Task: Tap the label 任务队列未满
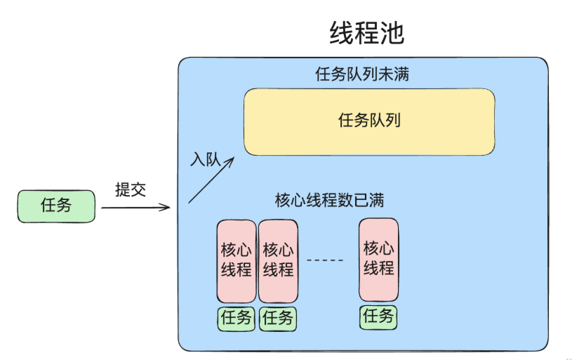(362, 74)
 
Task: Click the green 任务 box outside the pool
(56, 206)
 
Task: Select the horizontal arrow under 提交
(135, 208)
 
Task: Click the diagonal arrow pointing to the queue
(211, 180)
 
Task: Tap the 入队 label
(204, 159)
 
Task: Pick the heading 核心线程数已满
(329, 201)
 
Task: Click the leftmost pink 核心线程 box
(237, 260)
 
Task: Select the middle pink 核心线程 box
(278, 260)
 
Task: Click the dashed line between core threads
(326, 260)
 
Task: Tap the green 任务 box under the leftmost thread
(236, 318)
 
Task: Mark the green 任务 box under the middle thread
(277, 318)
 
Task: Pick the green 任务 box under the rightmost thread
(378, 316)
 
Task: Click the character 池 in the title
(392, 32)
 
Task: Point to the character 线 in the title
(342, 32)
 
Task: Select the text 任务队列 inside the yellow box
(369, 121)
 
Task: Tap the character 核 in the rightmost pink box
(371, 248)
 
